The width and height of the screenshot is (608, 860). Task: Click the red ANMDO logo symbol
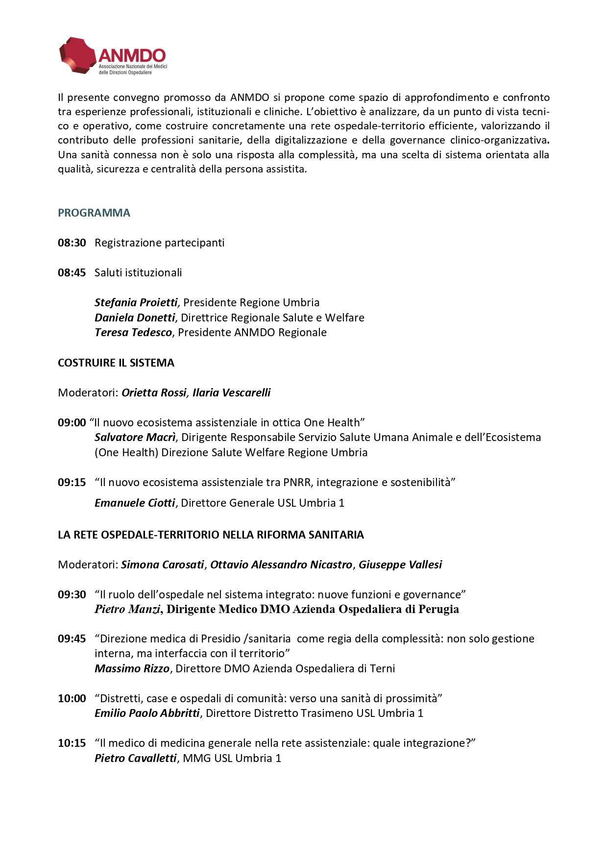pos(77,55)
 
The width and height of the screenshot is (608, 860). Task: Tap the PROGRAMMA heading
pos(94,213)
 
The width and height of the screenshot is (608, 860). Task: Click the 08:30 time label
pos(72,243)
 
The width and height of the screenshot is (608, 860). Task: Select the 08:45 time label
pos(72,272)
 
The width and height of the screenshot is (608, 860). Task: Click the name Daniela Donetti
pos(135,318)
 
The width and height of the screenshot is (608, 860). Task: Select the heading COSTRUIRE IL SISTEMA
pos(116,363)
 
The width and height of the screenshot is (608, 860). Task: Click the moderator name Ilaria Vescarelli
pos(231,393)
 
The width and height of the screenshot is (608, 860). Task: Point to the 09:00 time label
pos(72,422)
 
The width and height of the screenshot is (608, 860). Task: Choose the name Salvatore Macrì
pos(135,437)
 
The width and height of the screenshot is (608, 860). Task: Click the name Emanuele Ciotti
pos(135,503)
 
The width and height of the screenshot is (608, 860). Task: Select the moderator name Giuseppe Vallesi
pos(400,565)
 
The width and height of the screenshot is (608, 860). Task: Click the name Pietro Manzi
pos(127,609)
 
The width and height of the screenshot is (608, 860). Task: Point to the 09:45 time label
pos(72,639)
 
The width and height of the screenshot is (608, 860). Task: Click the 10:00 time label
pos(72,698)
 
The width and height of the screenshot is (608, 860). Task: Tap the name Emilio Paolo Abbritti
pos(147,713)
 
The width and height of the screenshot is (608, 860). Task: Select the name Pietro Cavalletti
pos(135,758)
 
